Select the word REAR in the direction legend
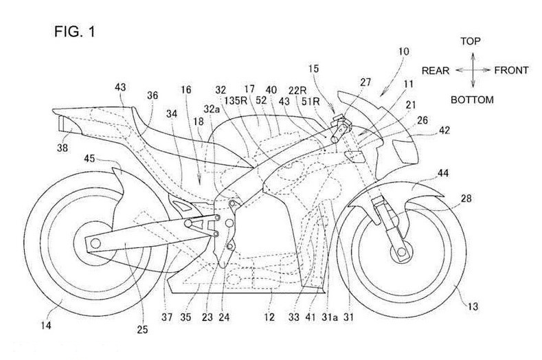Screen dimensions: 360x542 tap(436, 70)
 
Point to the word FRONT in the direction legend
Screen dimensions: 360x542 tap(510, 70)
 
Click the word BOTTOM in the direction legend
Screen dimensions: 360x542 tap(472, 100)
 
